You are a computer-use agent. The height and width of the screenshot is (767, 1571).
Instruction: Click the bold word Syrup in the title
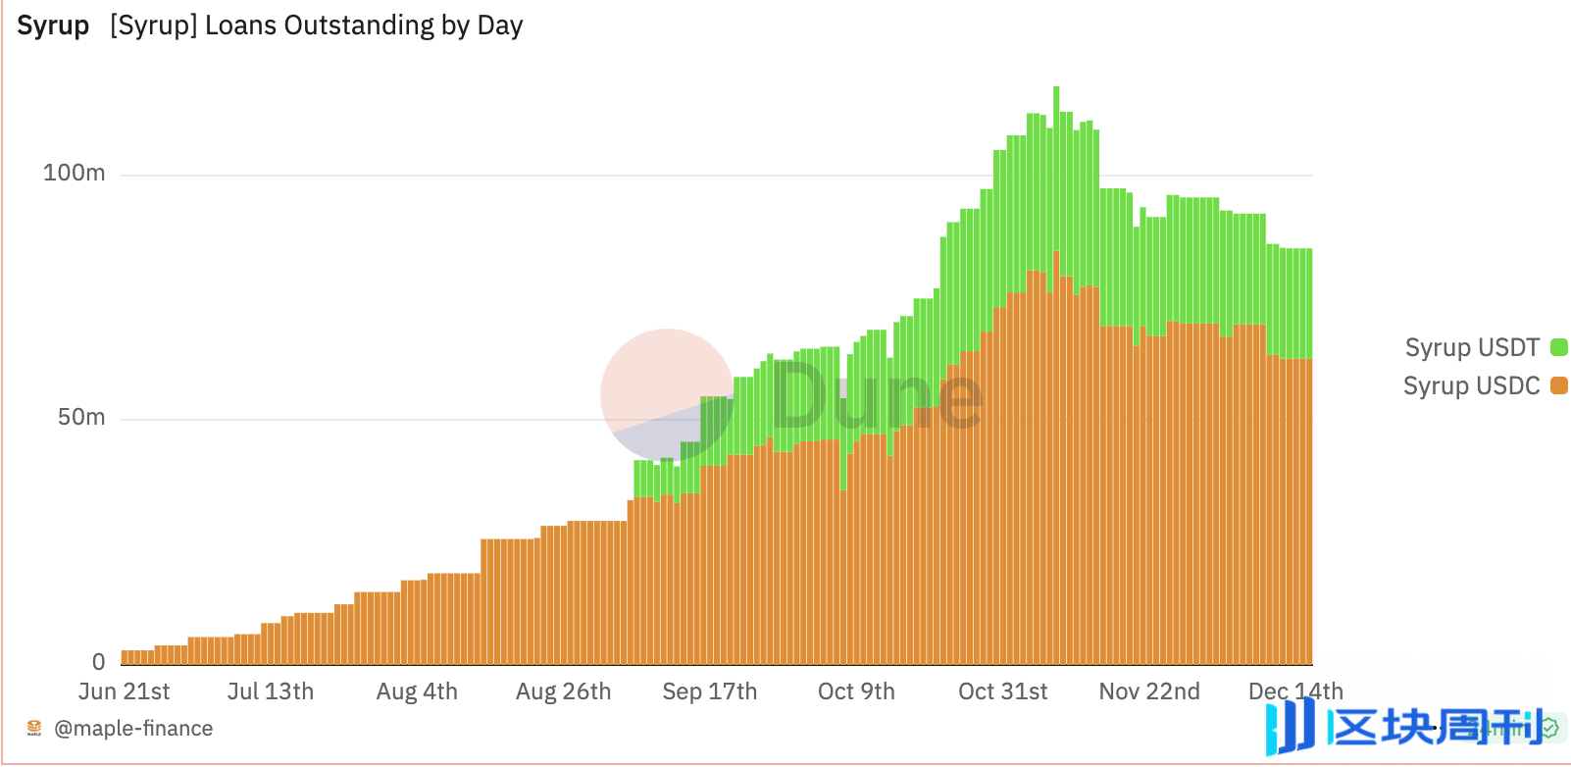[x=53, y=26]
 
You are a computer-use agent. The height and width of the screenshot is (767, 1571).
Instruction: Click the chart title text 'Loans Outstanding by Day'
[x=364, y=26]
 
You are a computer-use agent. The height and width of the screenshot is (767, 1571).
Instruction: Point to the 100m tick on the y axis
[x=74, y=174]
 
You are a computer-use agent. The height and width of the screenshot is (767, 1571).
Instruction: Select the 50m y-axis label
[x=80, y=418]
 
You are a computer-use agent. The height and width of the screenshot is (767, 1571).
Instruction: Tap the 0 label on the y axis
[x=98, y=662]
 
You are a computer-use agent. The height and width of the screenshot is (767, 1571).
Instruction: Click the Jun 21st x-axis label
[x=124, y=691]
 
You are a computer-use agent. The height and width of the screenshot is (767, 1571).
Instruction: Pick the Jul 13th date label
[x=271, y=691]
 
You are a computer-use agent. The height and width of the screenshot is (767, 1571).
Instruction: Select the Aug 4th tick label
[x=417, y=691]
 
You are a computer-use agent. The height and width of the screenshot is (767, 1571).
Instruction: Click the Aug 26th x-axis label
[x=563, y=691]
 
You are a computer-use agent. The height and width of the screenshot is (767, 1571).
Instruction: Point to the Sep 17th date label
[x=709, y=691]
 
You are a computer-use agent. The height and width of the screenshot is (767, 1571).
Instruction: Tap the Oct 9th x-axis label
[x=856, y=691]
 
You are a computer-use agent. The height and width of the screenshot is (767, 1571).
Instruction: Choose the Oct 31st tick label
[x=1002, y=691]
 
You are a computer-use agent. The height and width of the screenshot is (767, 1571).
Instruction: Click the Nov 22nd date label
[x=1149, y=691]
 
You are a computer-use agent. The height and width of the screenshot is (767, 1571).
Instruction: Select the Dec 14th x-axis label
[x=1294, y=691]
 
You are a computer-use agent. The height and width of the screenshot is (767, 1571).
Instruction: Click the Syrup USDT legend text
[x=1472, y=347]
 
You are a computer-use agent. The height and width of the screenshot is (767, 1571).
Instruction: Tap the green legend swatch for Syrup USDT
[x=1558, y=347]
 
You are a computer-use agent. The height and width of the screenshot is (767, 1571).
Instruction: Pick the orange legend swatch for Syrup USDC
[x=1558, y=385]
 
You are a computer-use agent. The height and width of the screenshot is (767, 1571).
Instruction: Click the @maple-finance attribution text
[x=133, y=729]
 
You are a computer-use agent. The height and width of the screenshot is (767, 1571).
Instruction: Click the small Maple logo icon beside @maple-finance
[x=34, y=728]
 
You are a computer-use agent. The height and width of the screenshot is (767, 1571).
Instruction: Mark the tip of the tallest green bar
[x=1056, y=88]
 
